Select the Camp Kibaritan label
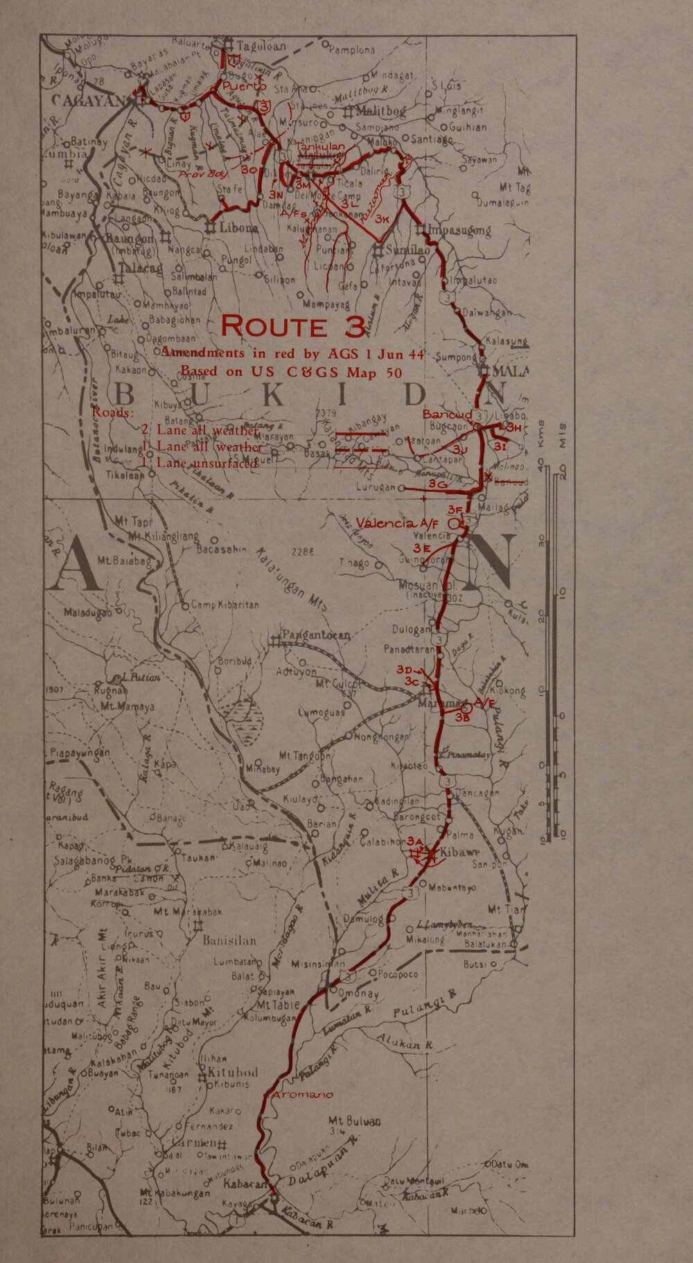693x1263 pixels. pos(225,605)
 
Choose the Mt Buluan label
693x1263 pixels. pos(357,1121)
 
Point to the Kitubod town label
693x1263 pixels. pos(234,1072)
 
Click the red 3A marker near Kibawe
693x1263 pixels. pos(415,840)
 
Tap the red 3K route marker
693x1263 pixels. pos(383,218)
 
